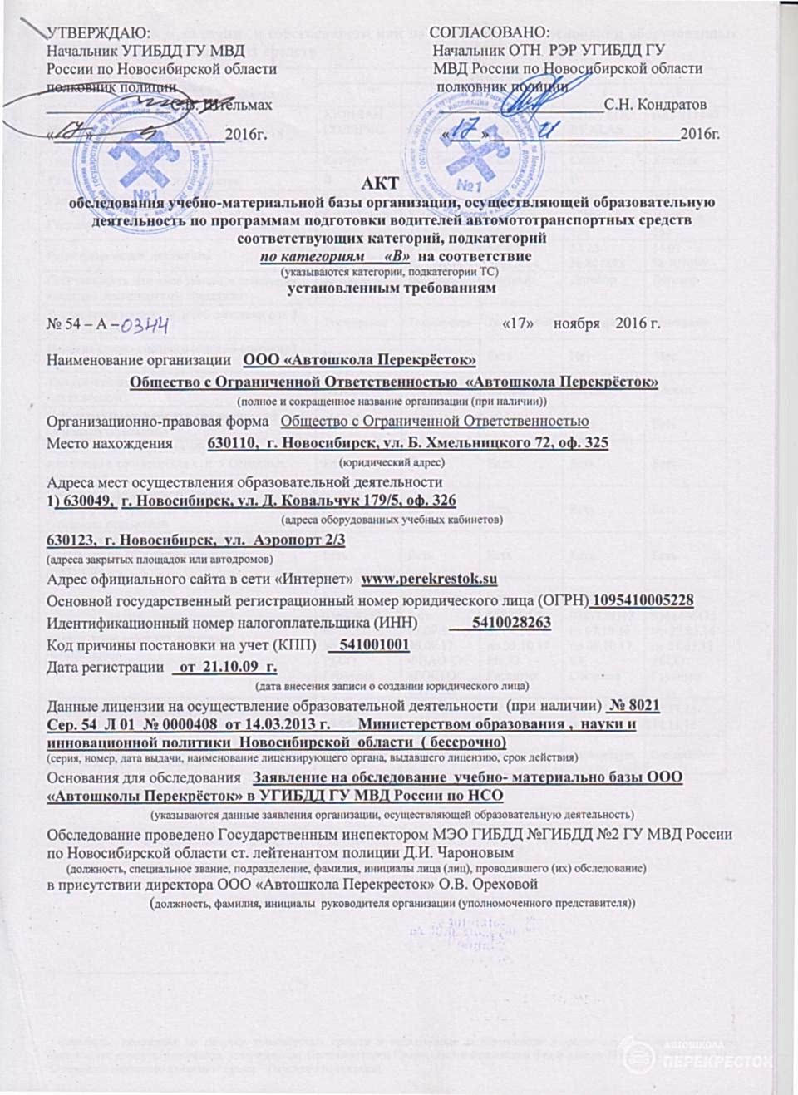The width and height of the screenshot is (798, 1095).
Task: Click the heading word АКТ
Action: (x=381, y=184)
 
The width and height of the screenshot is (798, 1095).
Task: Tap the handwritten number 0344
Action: (x=145, y=323)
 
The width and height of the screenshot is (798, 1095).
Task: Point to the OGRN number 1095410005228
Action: (x=643, y=600)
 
